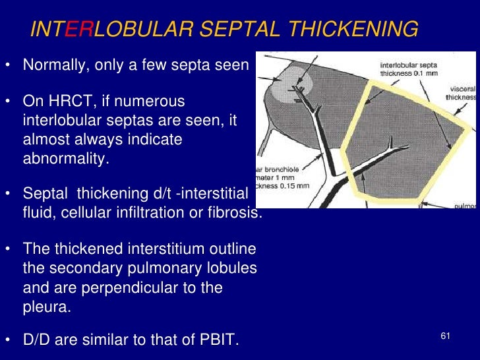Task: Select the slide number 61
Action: [x=445, y=337]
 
